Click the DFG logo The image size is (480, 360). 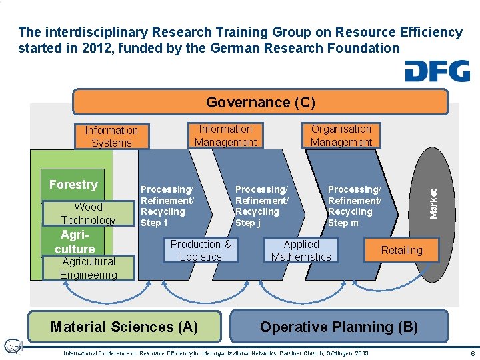(437, 71)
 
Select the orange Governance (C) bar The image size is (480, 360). (260, 102)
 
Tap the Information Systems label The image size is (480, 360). (111, 137)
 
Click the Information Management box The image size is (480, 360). (225, 135)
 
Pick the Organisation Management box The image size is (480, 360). (341, 135)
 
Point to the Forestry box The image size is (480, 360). (73, 185)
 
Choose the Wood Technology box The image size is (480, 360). (88, 213)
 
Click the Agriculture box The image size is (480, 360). (74, 242)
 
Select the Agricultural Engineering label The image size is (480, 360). (88, 268)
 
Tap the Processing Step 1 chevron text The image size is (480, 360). (167, 206)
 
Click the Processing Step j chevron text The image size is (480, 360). (261, 206)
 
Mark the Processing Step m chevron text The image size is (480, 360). (354, 206)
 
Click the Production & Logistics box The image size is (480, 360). (201, 250)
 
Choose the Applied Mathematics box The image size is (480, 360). (301, 250)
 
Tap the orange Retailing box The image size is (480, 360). (401, 250)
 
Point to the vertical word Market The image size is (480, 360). (434, 203)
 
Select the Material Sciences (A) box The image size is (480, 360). (125, 327)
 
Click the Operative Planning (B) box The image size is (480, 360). (339, 327)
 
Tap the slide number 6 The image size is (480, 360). (472, 353)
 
